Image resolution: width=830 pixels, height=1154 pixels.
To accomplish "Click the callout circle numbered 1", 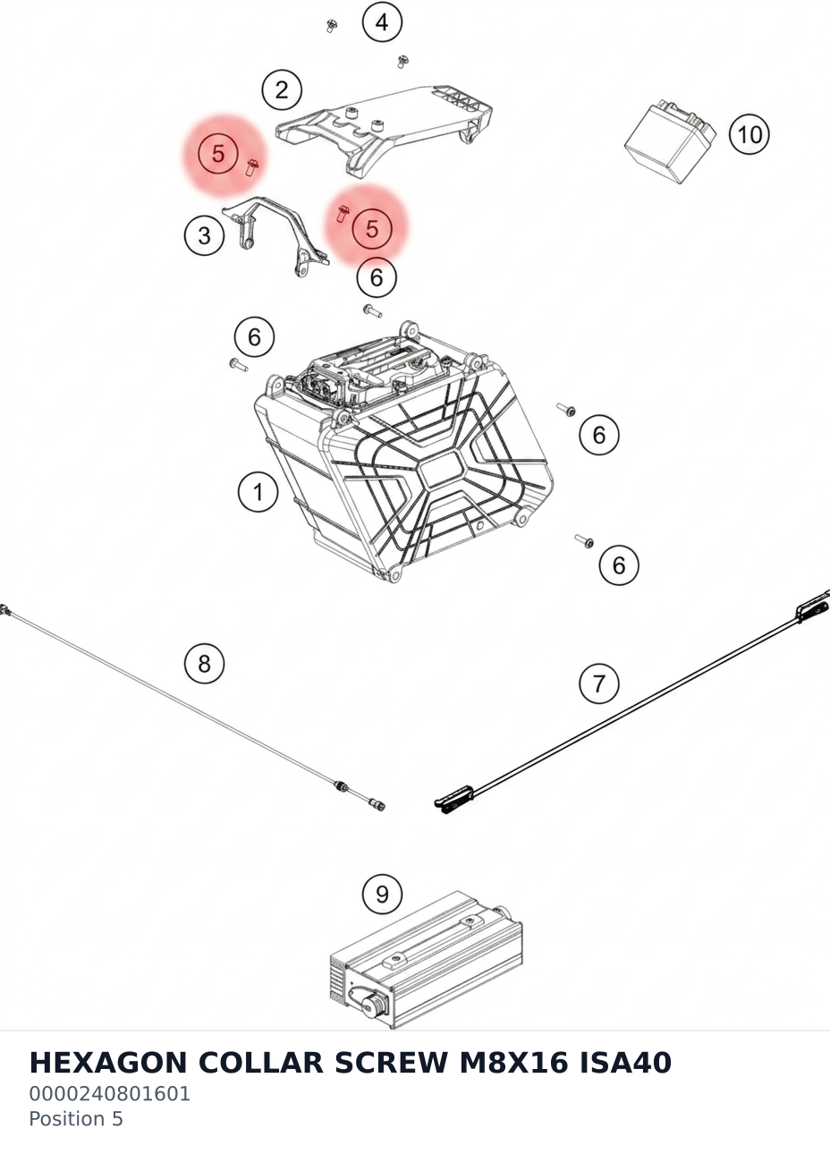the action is [x=258, y=491].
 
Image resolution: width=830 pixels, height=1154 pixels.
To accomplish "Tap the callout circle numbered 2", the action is [x=282, y=89].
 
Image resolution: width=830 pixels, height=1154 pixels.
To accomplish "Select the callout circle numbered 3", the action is [x=205, y=235].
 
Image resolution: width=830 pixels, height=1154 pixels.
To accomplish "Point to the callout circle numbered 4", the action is [x=382, y=22].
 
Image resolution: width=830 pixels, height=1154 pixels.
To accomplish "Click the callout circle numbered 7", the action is [x=598, y=684].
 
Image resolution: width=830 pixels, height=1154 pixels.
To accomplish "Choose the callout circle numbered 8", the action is [x=205, y=663].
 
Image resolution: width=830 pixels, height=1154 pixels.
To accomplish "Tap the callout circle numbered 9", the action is [x=382, y=894].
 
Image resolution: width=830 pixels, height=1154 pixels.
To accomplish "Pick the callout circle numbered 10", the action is [x=750, y=134].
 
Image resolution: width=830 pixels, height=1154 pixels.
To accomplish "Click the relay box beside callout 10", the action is [x=670, y=141].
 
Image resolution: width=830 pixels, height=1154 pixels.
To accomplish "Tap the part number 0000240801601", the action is [x=109, y=1093].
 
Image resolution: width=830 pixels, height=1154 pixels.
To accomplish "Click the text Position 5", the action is [x=76, y=1118].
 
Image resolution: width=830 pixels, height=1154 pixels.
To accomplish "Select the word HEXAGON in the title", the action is [x=107, y=1062].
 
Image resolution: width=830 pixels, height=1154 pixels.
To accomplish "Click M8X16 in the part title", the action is [x=513, y=1062].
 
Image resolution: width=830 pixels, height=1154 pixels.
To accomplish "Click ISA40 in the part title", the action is [x=625, y=1062].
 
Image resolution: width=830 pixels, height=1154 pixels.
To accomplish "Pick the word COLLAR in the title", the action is [x=260, y=1062].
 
